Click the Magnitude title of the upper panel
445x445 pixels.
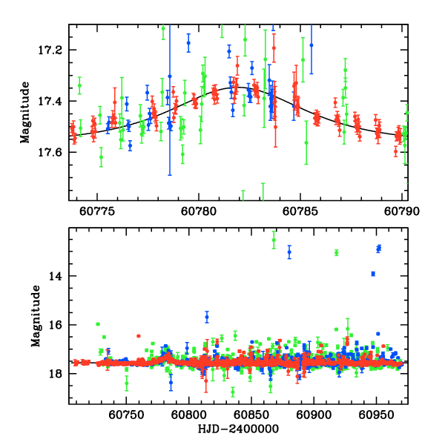[25, 113]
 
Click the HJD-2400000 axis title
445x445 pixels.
[237, 429]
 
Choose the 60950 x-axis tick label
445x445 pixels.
[375, 415]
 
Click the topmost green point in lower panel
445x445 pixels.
[274, 240]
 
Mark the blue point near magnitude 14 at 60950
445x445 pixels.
[373, 274]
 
